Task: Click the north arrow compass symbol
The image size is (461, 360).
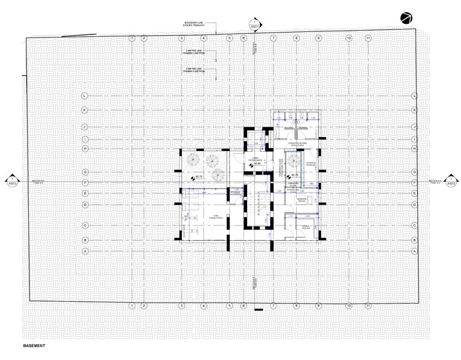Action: [x=406, y=18]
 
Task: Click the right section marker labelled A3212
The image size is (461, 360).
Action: [x=451, y=181]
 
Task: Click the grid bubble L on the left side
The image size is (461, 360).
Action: [x=85, y=96]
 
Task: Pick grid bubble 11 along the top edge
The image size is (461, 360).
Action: [x=368, y=38]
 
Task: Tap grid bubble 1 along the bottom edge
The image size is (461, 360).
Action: [x=130, y=306]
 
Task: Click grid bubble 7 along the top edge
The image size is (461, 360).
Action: [x=272, y=38]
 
